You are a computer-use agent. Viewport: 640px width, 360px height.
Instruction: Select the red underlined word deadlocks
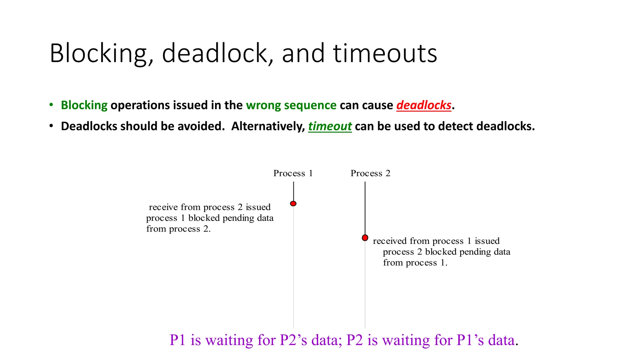coord(424,105)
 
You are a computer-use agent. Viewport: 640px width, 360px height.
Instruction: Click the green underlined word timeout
coord(330,126)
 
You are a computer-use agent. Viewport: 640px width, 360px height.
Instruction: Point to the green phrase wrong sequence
coord(291,105)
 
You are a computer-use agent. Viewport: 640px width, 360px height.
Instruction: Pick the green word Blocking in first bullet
coord(84,105)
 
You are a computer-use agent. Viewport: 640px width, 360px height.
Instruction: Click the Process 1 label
coord(293,173)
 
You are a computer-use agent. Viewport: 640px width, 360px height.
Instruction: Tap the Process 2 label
coord(370,173)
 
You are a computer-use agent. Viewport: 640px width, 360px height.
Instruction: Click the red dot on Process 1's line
coord(293,204)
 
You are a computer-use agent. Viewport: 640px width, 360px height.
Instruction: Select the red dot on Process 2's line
coord(365,238)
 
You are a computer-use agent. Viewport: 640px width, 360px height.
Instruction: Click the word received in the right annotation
coord(390,241)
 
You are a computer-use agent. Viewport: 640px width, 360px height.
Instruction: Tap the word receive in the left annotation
coord(163,207)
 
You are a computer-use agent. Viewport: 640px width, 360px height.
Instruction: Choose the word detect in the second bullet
coord(458,126)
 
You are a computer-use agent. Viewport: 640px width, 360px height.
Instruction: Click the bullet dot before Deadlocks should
coord(52,126)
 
